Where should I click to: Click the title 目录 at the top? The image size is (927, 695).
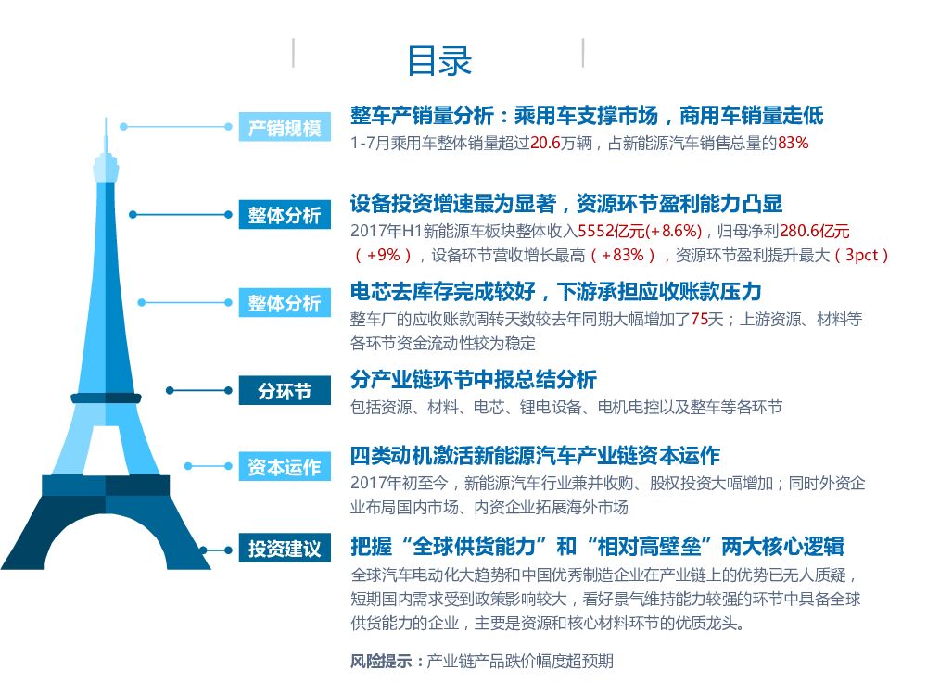(439, 60)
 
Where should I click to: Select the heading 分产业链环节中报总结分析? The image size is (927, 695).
(474, 379)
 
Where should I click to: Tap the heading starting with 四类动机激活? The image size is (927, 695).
(535, 456)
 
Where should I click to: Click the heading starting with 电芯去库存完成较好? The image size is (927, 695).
(555, 292)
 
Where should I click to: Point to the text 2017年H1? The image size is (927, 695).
(381, 231)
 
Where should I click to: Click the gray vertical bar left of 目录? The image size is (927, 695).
(294, 53)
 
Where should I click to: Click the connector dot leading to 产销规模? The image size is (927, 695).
(123, 127)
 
